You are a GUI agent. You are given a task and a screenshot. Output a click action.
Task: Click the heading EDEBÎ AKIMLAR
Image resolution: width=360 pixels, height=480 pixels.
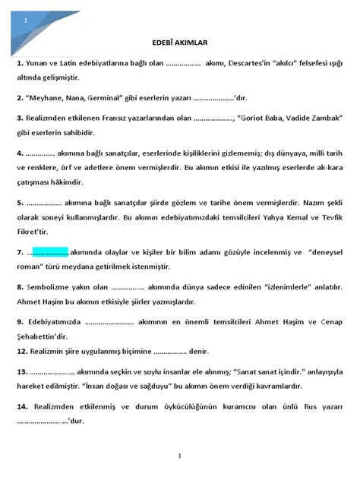pyautogui.click(x=180, y=44)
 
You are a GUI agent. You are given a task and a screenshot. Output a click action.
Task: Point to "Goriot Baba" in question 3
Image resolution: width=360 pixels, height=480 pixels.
pyautogui.click(x=276, y=118)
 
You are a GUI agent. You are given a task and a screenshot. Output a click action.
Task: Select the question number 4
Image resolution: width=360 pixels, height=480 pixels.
pyautogui.click(x=21, y=152)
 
